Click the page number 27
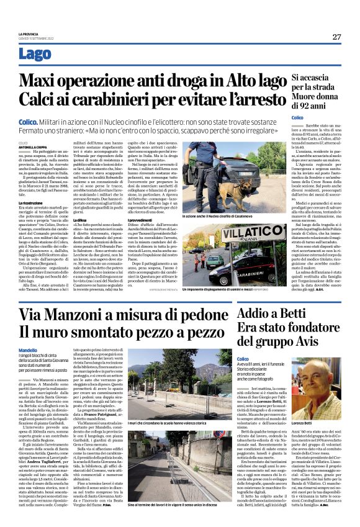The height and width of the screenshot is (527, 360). [336, 37]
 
